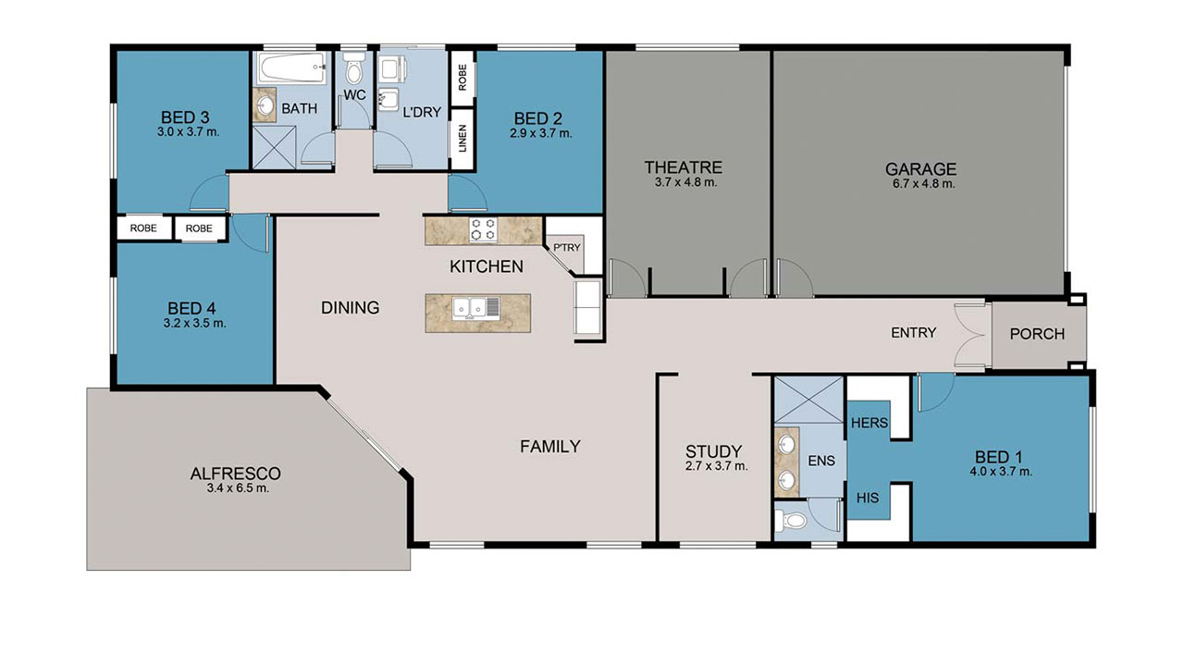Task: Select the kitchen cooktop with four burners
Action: [483, 229]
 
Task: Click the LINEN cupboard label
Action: [462, 140]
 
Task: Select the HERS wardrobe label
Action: [869, 423]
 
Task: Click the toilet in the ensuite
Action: [791, 522]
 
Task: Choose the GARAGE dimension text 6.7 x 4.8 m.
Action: [920, 184]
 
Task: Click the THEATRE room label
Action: [683, 167]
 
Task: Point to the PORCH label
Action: [1037, 334]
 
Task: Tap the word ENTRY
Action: [913, 333]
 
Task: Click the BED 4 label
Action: [192, 308]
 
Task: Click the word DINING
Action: [350, 307]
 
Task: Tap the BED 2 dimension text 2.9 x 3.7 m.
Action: [540, 133]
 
